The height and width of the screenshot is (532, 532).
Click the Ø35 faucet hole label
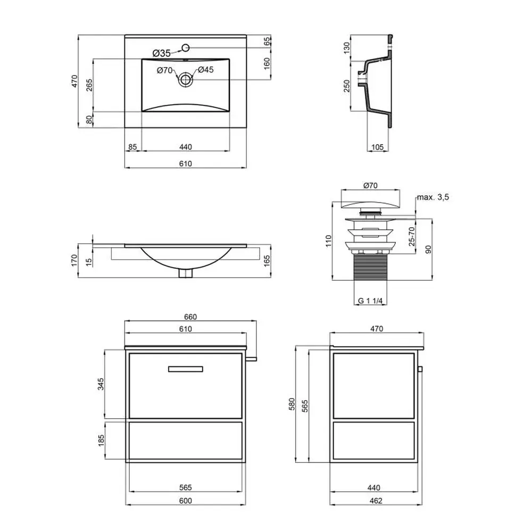(x=162, y=53)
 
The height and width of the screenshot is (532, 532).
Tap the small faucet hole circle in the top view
(x=185, y=48)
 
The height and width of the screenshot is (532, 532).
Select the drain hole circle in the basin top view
(x=185, y=80)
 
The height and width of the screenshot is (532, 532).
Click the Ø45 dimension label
(x=205, y=70)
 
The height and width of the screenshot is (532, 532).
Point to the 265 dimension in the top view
(x=89, y=85)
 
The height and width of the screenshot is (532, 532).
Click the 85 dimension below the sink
(x=132, y=147)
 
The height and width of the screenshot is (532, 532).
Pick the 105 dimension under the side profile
(x=377, y=147)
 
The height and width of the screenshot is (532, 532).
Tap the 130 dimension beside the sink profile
(x=346, y=48)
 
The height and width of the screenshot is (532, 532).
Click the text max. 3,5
(x=433, y=197)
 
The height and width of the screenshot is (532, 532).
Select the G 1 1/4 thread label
(x=370, y=301)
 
